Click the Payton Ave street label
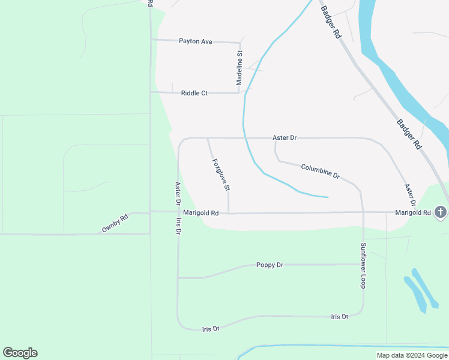click(196, 41)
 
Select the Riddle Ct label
click(194, 93)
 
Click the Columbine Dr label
click(321, 172)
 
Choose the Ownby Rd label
click(115, 224)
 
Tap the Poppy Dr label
click(270, 265)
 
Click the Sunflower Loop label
click(363, 265)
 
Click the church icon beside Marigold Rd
click(440, 212)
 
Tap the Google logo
click(20, 353)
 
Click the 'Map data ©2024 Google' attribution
click(412, 355)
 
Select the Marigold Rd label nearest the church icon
click(413, 213)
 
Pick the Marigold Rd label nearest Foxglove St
click(201, 213)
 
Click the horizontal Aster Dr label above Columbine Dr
click(285, 138)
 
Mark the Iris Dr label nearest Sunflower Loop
click(340, 316)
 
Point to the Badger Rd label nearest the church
click(409, 134)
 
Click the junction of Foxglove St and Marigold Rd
click(229, 213)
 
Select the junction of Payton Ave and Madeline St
click(241, 43)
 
